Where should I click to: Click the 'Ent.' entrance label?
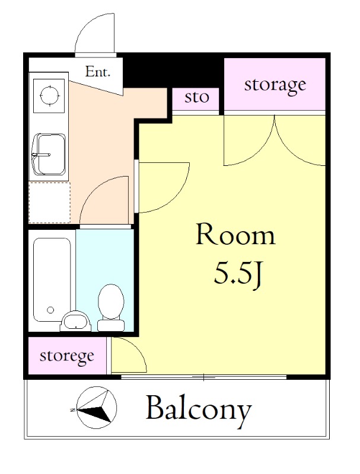pyautogui.click(x=97, y=72)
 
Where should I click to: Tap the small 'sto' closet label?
pyautogui.click(x=197, y=97)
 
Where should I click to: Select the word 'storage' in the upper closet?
pyautogui.click(x=275, y=85)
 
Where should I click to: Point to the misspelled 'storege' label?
pyautogui.click(x=66, y=356)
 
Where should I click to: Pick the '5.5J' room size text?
pyautogui.click(x=237, y=274)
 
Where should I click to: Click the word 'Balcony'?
pyautogui.click(x=199, y=409)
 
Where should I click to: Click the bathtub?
pyautogui.click(x=52, y=280)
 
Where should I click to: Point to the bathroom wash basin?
pyautogui.click(x=75, y=321)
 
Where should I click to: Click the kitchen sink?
pyautogui.click(x=49, y=155)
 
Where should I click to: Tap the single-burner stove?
pyautogui.click(x=49, y=95)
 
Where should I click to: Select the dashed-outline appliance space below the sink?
pyautogui.click(x=50, y=203)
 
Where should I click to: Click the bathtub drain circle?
pyautogui.click(x=50, y=310)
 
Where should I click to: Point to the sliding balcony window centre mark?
pyautogui.click(x=204, y=377)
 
